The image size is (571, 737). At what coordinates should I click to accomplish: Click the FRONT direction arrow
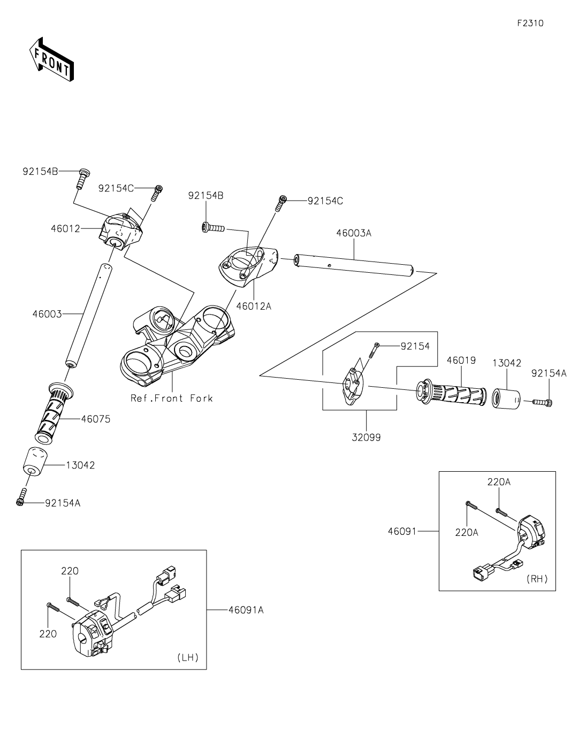(51, 59)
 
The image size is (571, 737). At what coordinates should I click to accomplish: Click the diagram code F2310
(530, 24)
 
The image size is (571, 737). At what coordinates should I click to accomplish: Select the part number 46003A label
(353, 233)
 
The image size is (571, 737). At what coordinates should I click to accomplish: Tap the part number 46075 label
(96, 419)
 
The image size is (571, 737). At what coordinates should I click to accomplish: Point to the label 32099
(366, 437)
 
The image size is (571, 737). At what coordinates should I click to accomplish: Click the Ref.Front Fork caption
(172, 398)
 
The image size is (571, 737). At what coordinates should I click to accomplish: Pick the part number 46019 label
(461, 360)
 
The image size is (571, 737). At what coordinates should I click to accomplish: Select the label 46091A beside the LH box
(246, 610)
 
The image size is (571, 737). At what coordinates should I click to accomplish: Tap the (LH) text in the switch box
(187, 658)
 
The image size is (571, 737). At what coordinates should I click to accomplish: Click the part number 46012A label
(254, 306)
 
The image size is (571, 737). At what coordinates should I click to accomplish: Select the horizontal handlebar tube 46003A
(353, 265)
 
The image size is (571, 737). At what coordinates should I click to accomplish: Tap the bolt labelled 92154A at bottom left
(22, 497)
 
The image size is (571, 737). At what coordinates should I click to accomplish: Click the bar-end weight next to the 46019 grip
(506, 398)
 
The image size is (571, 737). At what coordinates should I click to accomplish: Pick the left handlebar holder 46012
(120, 230)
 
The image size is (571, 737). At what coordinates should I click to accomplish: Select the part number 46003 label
(47, 314)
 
